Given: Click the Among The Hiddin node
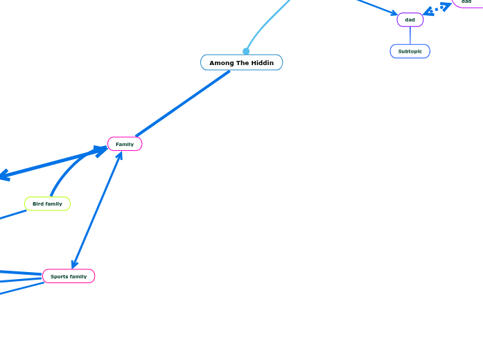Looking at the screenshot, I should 241,63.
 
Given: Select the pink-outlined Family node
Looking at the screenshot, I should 125,144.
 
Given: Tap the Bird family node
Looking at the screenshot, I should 47,204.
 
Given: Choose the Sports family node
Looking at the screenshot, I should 69,276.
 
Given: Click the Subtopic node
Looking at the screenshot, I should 410,51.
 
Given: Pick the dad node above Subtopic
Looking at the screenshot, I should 410,20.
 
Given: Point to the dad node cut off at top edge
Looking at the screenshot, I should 467,2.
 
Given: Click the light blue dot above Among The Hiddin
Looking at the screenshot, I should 246,51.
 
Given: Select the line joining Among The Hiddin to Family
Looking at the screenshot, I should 182,104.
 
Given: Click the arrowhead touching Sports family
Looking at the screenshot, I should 74,264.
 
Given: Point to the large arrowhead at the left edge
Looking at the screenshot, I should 4,176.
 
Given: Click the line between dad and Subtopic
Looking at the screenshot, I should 410,35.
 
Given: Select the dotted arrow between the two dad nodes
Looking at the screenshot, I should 437,8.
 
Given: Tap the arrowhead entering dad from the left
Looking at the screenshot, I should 394,13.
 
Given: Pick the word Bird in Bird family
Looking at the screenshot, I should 38,204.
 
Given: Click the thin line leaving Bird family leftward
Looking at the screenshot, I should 12,215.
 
